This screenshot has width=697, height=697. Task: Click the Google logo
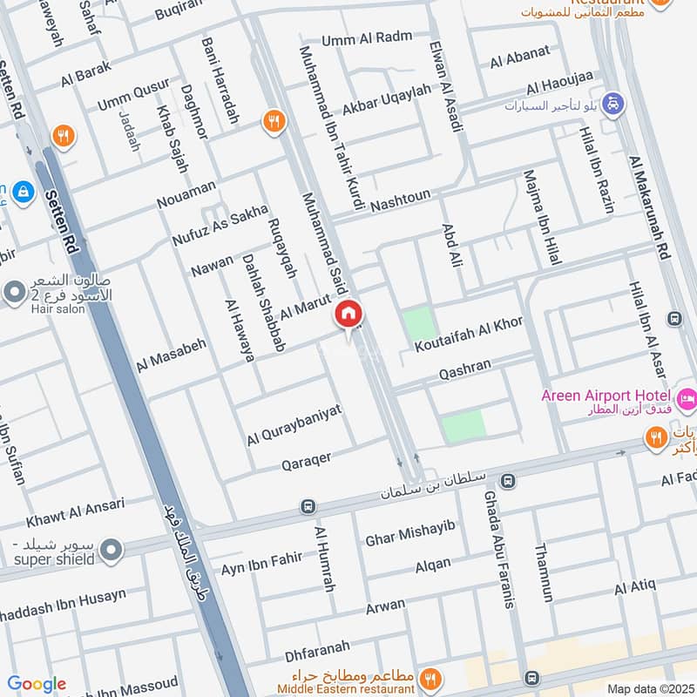pos(37,684)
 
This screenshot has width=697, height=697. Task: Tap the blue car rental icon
pos(614,102)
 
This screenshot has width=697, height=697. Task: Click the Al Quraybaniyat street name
pos(294,424)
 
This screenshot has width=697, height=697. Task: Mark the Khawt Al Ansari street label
pos(75,513)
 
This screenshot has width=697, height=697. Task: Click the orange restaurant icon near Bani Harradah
pos(274,122)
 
